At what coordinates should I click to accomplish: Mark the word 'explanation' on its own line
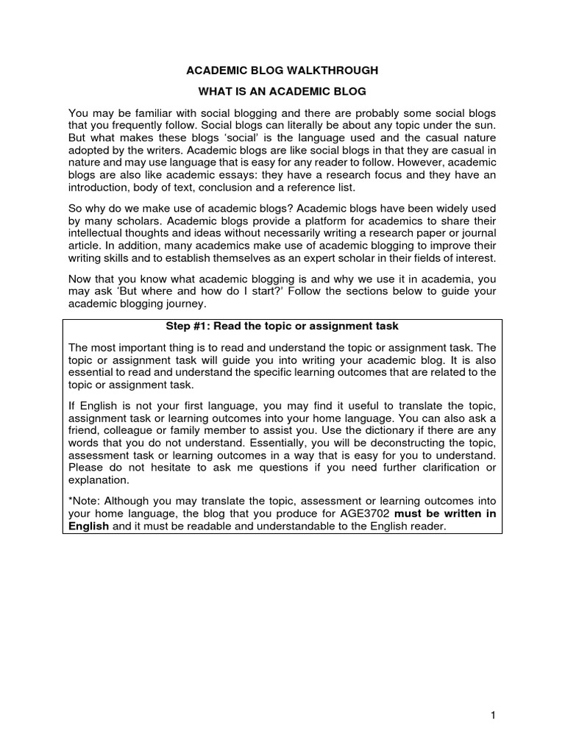pos(98,480)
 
